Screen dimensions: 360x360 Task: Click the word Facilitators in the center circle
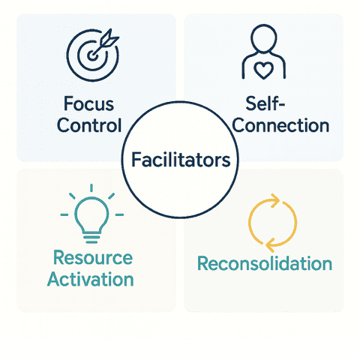(x=181, y=160)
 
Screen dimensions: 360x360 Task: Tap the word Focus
(x=88, y=103)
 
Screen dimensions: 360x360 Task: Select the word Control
(x=89, y=125)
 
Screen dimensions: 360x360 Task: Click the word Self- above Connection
(x=265, y=103)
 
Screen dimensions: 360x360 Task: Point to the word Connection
(x=280, y=125)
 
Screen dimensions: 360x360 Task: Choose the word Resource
(x=93, y=257)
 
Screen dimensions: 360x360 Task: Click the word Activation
(x=90, y=279)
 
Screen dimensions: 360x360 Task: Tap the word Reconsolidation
(x=265, y=263)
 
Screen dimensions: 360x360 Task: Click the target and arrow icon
(x=93, y=55)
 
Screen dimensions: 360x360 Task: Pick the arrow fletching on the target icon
(x=109, y=38)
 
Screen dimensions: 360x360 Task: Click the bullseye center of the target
(x=92, y=55)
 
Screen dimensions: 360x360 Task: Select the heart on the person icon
(x=263, y=70)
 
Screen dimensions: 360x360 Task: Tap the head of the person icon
(x=264, y=37)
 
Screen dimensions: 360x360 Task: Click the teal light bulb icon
(x=91, y=214)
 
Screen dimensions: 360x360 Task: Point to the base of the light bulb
(x=91, y=238)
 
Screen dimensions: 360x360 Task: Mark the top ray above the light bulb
(x=91, y=188)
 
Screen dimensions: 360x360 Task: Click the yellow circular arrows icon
(x=272, y=223)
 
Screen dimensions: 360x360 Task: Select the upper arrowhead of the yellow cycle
(x=275, y=200)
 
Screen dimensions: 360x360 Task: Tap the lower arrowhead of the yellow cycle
(x=270, y=244)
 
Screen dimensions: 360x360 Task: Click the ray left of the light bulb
(x=64, y=214)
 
